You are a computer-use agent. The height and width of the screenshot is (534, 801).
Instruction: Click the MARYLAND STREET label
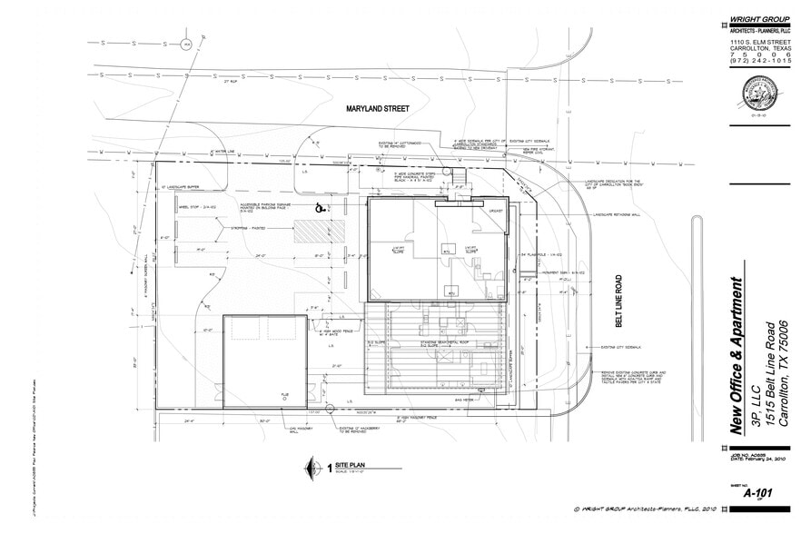tap(377, 109)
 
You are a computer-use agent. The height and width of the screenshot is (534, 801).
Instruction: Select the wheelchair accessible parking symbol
tap(319, 208)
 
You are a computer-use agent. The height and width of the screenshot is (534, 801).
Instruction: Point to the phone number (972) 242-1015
tap(761, 61)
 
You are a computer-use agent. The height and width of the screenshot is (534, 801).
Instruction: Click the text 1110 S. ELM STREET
tap(761, 42)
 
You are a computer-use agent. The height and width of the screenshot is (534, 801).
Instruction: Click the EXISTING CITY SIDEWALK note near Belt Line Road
tap(622, 347)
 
